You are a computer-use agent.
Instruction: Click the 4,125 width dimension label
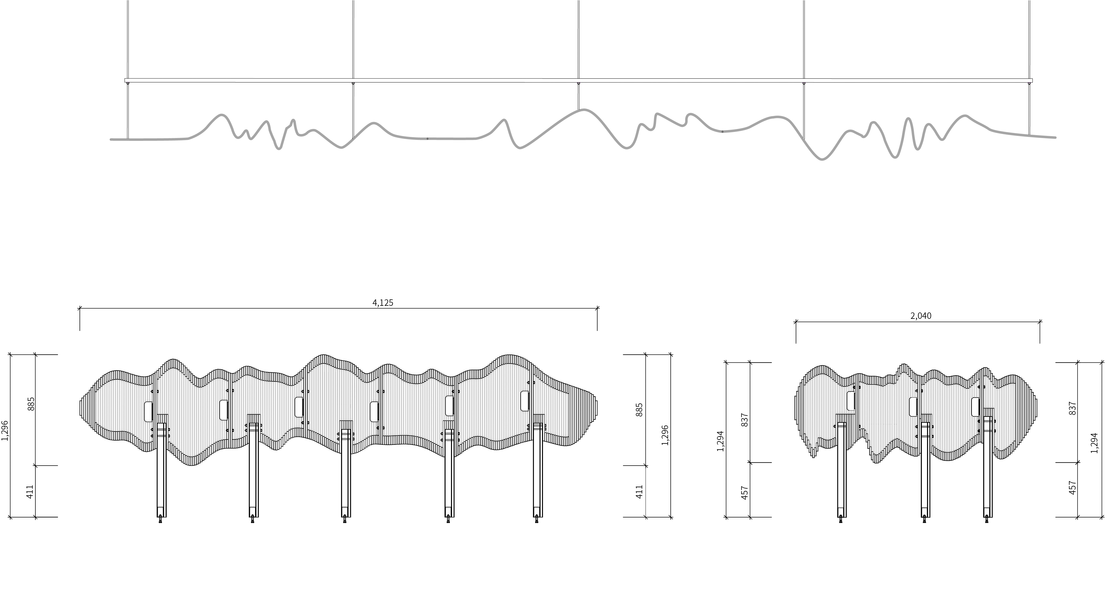[383, 303]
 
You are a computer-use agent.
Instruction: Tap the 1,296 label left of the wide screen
[5, 436]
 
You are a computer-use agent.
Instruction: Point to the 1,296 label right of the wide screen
[665, 436]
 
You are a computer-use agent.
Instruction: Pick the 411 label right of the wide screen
[640, 492]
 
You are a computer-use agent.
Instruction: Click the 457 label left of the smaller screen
[745, 493]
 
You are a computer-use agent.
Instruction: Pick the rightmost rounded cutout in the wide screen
[524, 401]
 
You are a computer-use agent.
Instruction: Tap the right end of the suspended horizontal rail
[1031, 80]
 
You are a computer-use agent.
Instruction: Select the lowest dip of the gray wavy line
[822, 159]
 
